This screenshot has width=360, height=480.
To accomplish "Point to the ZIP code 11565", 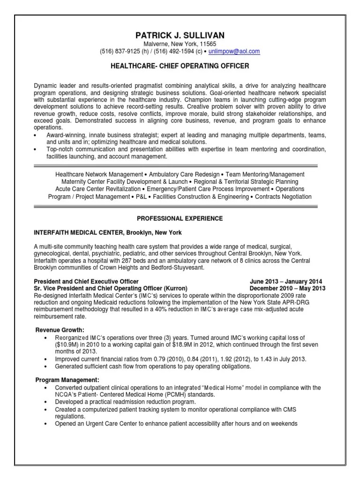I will pyautogui.click(x=208, y=44).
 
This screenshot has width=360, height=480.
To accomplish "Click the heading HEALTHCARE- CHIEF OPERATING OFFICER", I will pyautogui.click(x=180, y=66).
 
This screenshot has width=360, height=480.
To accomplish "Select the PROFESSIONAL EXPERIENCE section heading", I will pyautogui.click(x=180, y=218).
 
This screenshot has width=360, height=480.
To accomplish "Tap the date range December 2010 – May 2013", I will pyautogui.click(x=288, y=288).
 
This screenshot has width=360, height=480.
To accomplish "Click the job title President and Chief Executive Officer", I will pyautogui.click(x=86, y=281).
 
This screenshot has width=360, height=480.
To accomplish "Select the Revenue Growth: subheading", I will pyautogui.click(x=60, y=330).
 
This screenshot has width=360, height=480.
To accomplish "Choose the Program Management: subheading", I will pyautogui.click(x=67, y=380).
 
